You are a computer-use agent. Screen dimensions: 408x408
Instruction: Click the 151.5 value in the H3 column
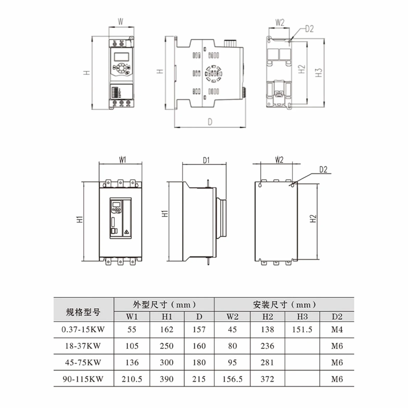302,330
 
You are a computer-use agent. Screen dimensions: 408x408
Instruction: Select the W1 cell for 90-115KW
132,379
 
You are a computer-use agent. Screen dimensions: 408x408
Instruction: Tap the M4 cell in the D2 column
337,330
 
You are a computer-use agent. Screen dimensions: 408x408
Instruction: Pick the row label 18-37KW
83,346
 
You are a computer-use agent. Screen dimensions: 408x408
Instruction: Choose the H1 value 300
167,362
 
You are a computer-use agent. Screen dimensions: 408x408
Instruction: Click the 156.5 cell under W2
232,379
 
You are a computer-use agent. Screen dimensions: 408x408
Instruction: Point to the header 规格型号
83,312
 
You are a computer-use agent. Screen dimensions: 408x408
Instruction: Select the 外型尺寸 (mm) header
164,304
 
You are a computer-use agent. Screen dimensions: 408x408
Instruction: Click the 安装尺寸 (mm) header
284,304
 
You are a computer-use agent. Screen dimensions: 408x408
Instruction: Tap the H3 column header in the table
302,317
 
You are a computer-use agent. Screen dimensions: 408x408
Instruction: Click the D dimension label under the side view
210,122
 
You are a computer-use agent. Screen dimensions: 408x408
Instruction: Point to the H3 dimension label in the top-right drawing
318,73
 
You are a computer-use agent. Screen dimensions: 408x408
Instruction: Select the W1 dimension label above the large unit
122,160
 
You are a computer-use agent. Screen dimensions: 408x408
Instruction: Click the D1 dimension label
206,160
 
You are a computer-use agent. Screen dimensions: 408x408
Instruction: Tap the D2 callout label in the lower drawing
323,170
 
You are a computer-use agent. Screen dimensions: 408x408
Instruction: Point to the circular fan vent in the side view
213,74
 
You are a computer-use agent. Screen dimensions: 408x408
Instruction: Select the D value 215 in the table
199,379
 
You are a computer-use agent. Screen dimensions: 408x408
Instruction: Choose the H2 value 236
267,346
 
